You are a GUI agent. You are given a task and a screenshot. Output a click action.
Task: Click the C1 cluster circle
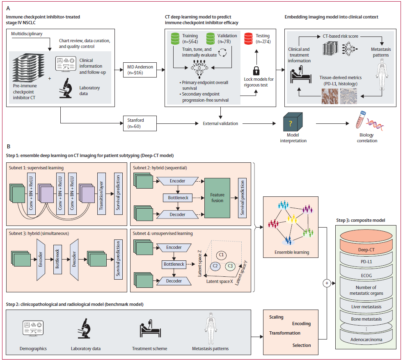[221, 255]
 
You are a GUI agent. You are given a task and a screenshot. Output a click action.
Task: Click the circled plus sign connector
[327, 283]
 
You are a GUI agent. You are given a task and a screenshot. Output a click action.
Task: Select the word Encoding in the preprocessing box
[301, 324]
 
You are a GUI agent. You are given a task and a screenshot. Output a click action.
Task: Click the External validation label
[221, 123]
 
